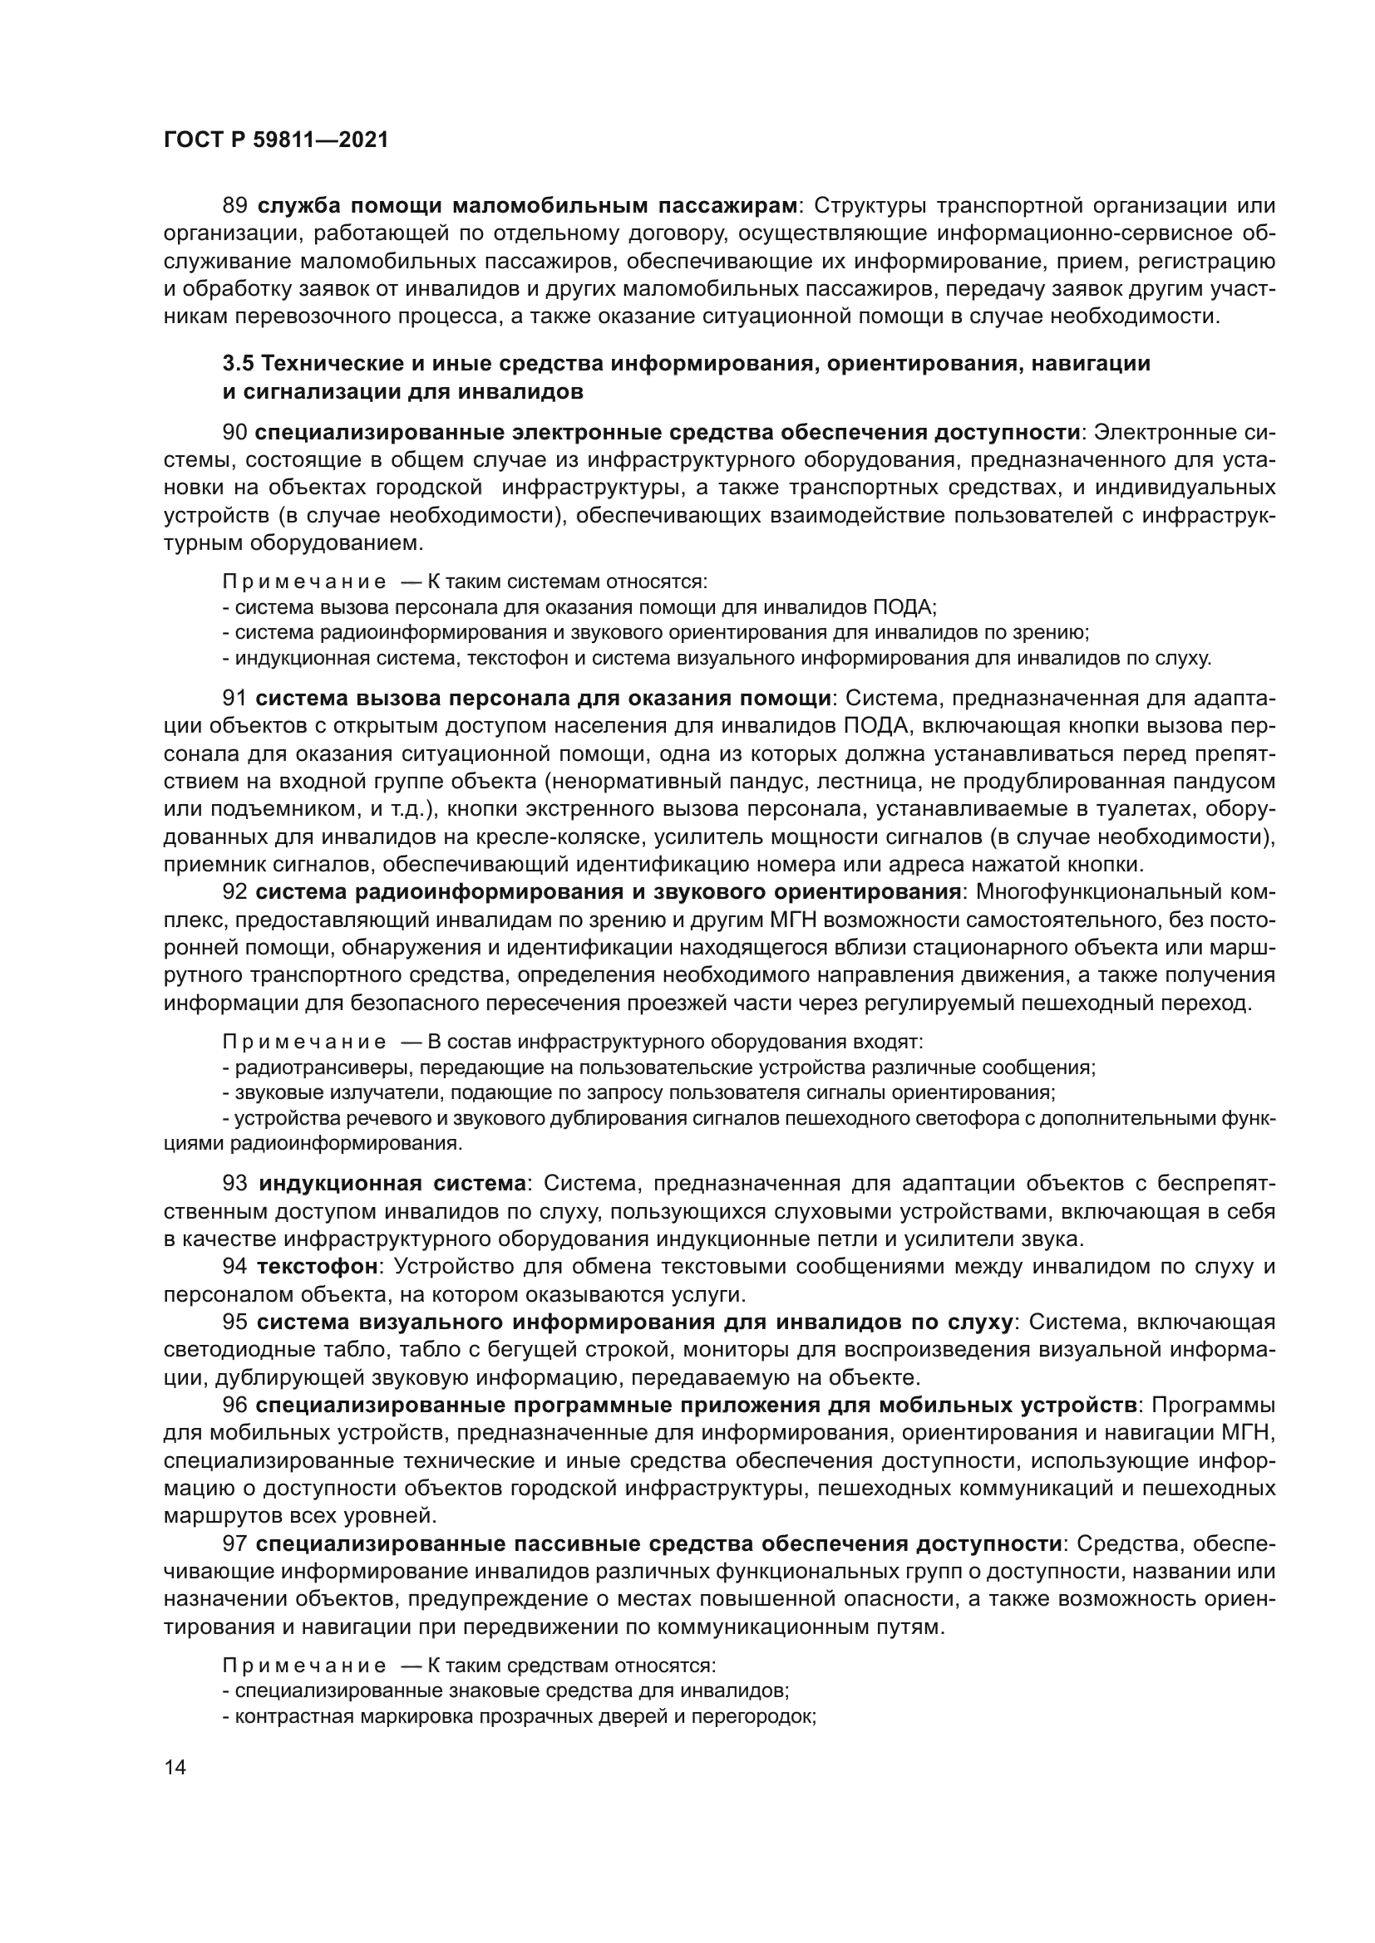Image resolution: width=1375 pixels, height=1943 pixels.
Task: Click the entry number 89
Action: click(234, 206)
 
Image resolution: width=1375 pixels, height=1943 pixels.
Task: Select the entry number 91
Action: click(234, 698)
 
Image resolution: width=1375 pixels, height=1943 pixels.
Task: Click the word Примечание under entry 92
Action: click(304, 1042)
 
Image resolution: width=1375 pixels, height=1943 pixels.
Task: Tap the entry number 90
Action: click(234, 433)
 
